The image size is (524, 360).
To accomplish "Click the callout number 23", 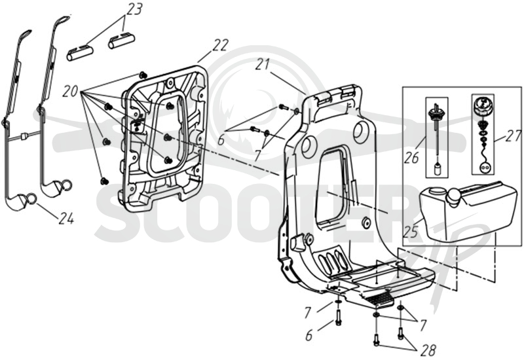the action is pyautogui.click(x=134, y=9).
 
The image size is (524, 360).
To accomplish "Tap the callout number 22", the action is pyautogui.click(x=221, y=46).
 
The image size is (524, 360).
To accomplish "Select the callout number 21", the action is pyautogui.click(x=263, y=64).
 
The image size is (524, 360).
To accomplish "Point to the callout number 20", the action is pyautogui.click(x=70, y=92).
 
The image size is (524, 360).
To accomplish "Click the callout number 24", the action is pyautogui.click(x=66, y=219).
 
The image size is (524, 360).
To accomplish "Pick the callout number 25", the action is pyautogui.click(x=411, y=232).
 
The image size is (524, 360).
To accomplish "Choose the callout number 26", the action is pyautogui.click(x=411, y=157).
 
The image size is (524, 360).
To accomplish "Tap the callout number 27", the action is pyautogui.click(x=513, y=137).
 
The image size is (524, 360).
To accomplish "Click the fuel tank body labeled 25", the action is pyautogui.click(x=468, y=212).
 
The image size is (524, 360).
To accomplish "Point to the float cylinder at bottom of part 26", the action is pyautogui.click(x=436, y=169).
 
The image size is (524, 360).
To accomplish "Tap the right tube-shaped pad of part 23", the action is pyautogui.click(x=121, y=40).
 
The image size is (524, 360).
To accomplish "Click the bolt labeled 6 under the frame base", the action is pyautogui.click(x=337, y=317).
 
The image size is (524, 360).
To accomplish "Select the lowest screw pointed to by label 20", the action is pyautogui.click(x=104, y=181).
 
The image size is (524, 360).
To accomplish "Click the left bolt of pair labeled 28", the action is pyautogui.click(x=377, y=338).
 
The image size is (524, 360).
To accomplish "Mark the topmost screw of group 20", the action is pyautogui.click(x=143, y=75).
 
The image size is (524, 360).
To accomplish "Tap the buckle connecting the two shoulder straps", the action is pyautogui.click(x=24, y=136).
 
